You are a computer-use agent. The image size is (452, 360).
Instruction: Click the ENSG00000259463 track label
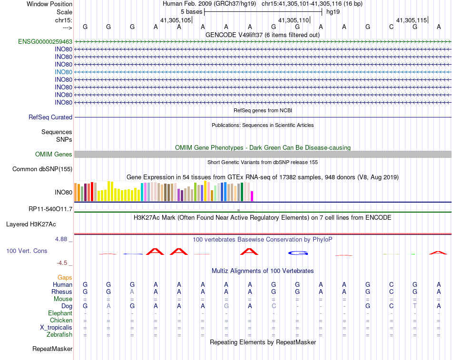coord(45,42)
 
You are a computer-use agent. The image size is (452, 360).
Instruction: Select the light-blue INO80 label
coord(63,72)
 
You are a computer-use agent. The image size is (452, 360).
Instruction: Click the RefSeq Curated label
coord(50,117)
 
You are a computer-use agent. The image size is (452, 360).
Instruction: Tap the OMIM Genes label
coord(54,155)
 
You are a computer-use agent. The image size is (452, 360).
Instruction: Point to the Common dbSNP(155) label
coord(42,169)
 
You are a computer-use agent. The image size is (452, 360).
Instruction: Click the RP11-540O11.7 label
coord(50,209)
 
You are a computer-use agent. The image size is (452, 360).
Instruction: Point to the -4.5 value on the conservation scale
coord(62,263)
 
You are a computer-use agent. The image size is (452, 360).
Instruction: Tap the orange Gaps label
coord(65,278)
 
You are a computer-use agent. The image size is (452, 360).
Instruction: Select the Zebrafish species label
coord(59,335)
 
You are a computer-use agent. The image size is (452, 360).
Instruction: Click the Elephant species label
coord(60,313)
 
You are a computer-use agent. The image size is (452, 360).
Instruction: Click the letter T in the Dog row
coord(415,306)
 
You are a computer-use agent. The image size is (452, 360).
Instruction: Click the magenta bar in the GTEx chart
coord(252,196)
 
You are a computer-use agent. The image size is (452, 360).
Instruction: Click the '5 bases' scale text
coord(191,11)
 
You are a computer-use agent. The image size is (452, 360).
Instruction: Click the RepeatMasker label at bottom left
coord(52,349)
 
